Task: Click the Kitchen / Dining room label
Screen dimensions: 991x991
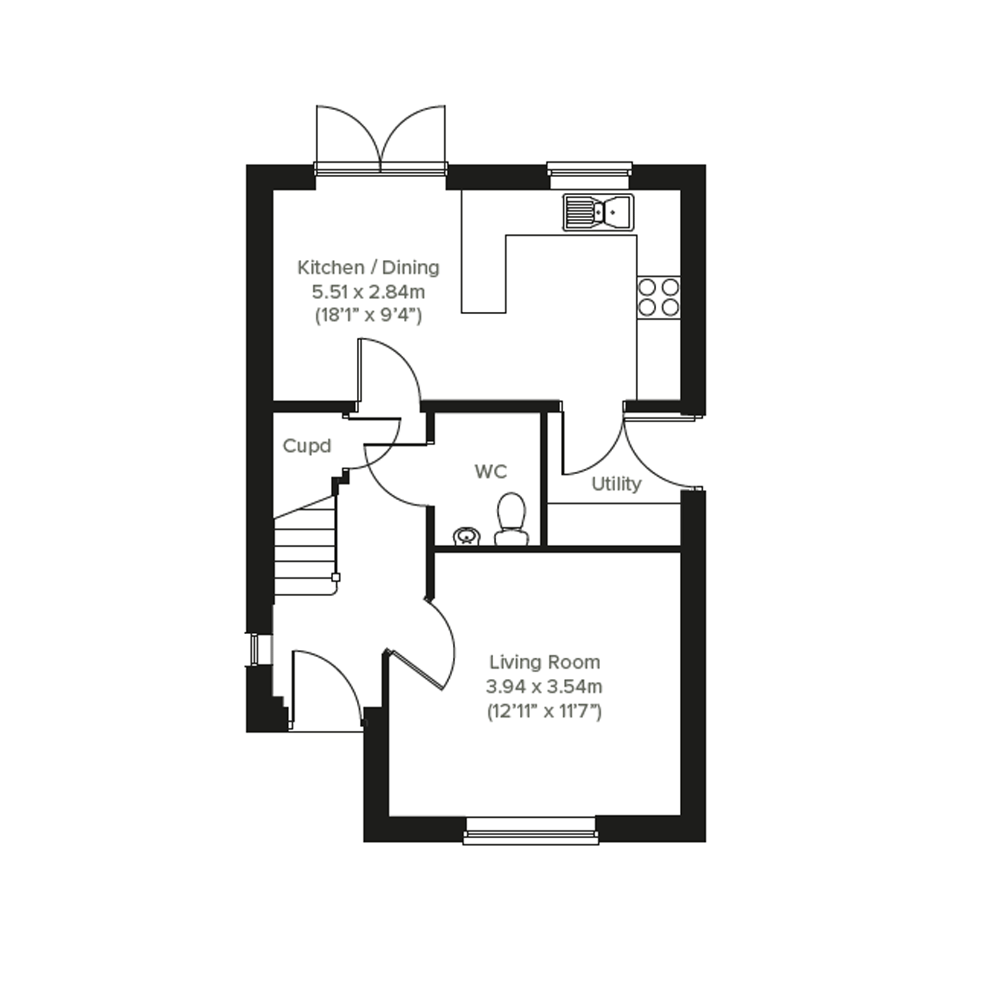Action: tap(369, 267)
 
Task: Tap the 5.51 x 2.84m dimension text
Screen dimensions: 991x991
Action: tap(369, 292)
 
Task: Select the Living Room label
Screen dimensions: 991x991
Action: tap(544, 662)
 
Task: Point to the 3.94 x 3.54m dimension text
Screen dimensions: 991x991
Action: tap(544, 686)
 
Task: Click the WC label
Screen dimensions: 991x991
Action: tap(491, 471)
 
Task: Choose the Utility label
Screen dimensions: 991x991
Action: tap(616, 484)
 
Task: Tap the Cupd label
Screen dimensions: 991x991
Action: tap(307, 446)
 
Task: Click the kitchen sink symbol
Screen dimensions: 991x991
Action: tap(598, 212)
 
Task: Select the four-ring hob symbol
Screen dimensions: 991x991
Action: tap(659, 298)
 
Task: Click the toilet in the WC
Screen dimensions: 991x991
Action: tap(511, 519)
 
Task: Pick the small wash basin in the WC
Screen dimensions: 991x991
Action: tap(467, 536)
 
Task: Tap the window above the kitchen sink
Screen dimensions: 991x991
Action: tap(589, 175)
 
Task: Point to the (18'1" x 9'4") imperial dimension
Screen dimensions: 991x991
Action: tap(369, 316)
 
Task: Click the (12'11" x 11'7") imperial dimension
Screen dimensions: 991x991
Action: tap(544, 712)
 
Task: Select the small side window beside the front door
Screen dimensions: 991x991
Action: tap(254, 649)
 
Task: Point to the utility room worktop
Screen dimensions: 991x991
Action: tap(614, 524)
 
